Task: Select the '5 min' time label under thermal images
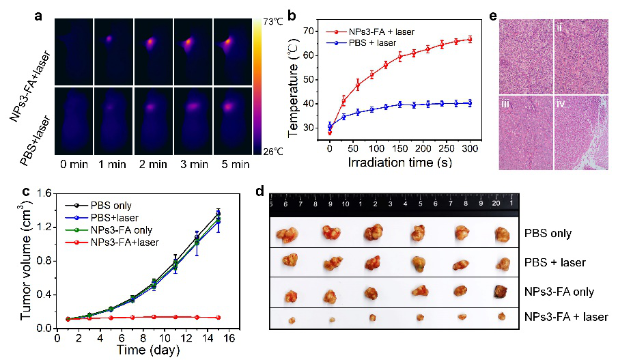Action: pyautogui.click(x=233, y=165)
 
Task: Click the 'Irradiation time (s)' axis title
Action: pyautogui.click(x=399, y=163)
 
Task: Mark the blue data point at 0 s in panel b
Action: pyautogui.click(x=330, y=126)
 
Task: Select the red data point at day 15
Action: pyautogui.click(x=218, y=318)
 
